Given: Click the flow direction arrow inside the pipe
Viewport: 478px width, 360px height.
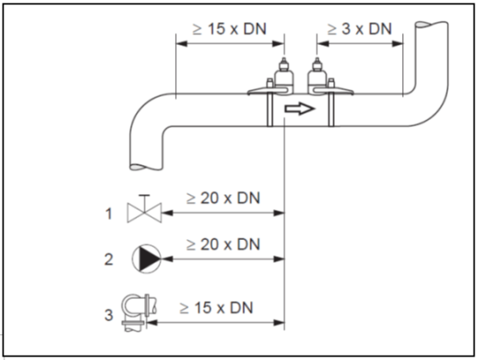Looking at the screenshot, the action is click(x=299, y=108).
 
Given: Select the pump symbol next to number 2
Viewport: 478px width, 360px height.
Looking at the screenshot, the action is click(x=147, y=259).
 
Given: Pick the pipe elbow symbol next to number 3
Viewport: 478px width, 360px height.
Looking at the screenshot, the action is click(x=139, y=313).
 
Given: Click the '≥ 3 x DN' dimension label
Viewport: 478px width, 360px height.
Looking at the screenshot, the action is click(x=360, y=29).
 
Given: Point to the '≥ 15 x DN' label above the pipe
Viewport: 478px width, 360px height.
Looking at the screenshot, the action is click(x=230, y=29).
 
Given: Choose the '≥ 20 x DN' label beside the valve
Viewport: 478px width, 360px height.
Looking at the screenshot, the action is click(x=223, y=198).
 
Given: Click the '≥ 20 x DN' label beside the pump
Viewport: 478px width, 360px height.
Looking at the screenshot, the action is click(x=223, y=244).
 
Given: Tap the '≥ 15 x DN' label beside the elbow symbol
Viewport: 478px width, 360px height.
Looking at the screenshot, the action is click(x=217, y=307).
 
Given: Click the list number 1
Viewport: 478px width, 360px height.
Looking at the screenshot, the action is click(x=109, y=213).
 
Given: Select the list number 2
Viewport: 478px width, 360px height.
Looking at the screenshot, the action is click(x=109, y=260).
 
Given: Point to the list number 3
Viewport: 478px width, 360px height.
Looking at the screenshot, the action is click(x=109, y=315).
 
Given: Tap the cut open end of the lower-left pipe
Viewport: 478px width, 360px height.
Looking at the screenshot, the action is click(x=146, y=167).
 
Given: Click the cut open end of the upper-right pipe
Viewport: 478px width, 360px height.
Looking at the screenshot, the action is click(x=431, y=24).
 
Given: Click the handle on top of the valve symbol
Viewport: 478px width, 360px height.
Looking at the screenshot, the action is click(x=144, y=199).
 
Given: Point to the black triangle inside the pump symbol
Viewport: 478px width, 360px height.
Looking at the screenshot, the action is click(x=148, y=259).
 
